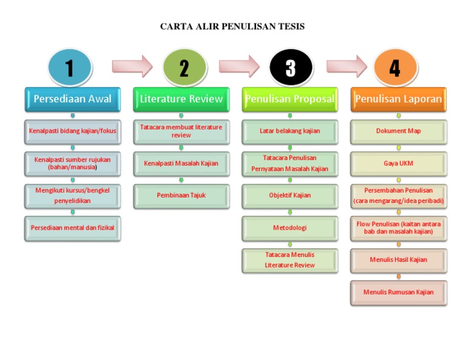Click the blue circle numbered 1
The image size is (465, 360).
click(70, 67)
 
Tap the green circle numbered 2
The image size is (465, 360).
click(184, 67)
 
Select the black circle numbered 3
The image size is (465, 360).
click(291, 67)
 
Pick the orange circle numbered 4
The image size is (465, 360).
click(395, 67)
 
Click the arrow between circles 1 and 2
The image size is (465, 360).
click(131, 66)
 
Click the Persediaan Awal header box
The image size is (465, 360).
click(73, 99)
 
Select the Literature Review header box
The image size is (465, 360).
click(181, 99)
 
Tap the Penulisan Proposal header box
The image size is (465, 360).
click(290, 99)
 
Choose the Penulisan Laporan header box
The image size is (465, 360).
click(398, 99)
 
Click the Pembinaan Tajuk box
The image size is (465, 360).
click(181, 196)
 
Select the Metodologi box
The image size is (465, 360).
click(290, 228)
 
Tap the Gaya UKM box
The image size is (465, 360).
click(398, 164)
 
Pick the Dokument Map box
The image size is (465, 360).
click(398, 131)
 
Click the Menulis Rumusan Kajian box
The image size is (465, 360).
click(398, 292)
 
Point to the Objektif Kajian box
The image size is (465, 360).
click(290, 196)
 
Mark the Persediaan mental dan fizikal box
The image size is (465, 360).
click(73, 228)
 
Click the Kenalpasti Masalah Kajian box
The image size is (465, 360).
click(181, 164)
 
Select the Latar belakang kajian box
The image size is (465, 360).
click(290, 131)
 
